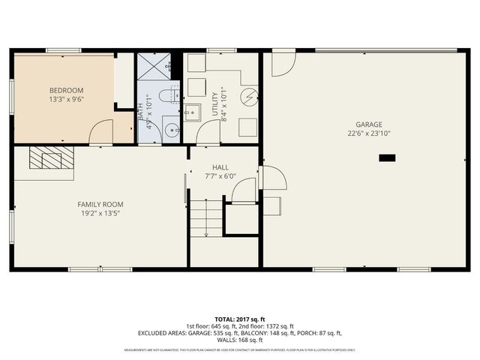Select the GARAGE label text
368,124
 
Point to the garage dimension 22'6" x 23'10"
368,133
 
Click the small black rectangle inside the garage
387,157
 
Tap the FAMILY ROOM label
100,204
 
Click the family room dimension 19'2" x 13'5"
100,213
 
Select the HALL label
220,167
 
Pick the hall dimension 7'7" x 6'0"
220,176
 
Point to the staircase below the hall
206,218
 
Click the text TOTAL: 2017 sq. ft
239,318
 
